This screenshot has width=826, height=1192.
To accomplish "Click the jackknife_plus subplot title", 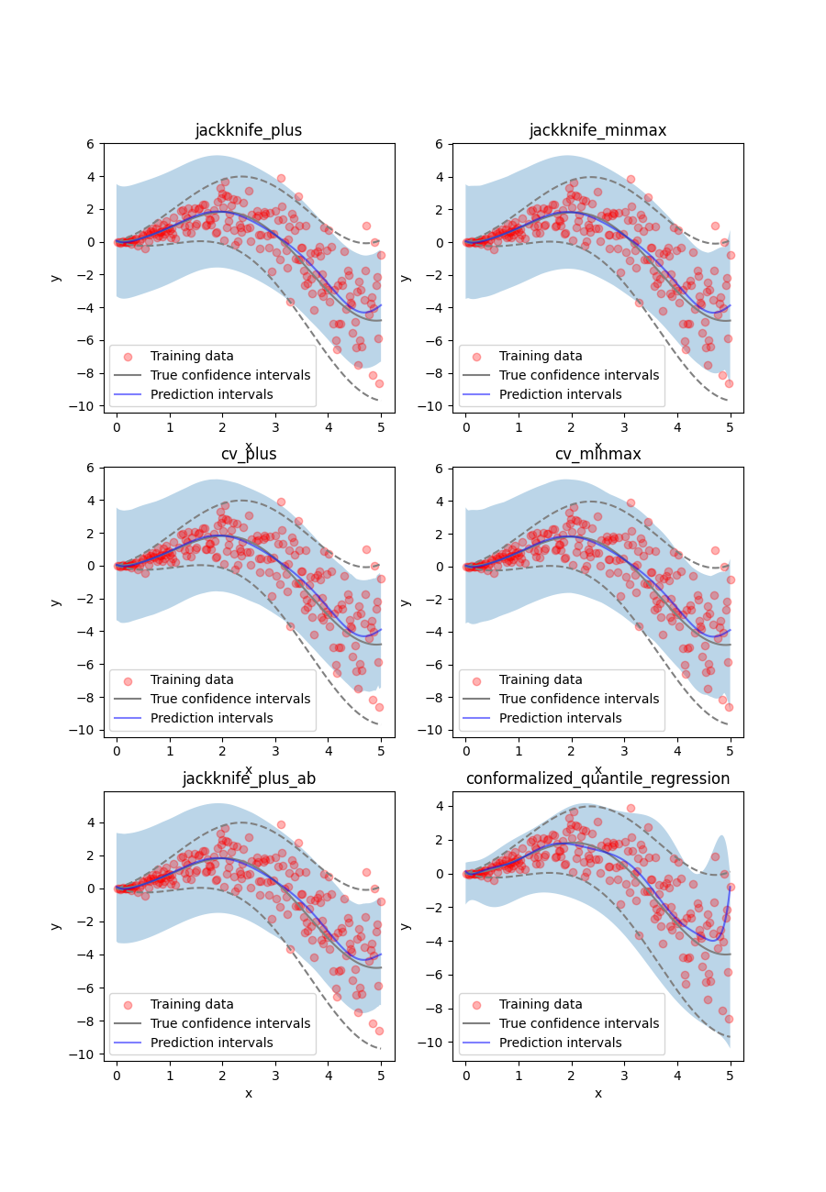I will point(248,130).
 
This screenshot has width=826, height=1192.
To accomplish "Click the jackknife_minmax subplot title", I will point(597,130).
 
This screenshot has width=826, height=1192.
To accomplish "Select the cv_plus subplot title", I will point(248,454).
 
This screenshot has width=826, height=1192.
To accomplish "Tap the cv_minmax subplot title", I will point(597,454).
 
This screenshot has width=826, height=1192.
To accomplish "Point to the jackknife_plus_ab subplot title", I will point(248,778).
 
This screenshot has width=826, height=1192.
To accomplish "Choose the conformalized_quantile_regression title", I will point(597,778).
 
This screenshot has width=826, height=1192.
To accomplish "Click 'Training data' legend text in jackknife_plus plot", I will point(192,356).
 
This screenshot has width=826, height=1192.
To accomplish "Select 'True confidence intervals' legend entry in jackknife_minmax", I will point(579,375).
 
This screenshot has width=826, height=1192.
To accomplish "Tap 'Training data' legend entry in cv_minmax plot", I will point(541,679).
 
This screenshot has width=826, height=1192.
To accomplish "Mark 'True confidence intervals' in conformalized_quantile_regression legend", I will point(579,1023).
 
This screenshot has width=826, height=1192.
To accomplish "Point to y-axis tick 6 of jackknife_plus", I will point(92,144).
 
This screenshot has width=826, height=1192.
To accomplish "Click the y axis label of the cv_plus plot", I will point(56,602).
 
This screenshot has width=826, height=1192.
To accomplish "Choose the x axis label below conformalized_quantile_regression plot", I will point(597,1093).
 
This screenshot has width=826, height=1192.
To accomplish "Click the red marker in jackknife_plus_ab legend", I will point(128,1004).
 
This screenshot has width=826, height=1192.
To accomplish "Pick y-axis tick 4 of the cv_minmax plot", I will point(441,501).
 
